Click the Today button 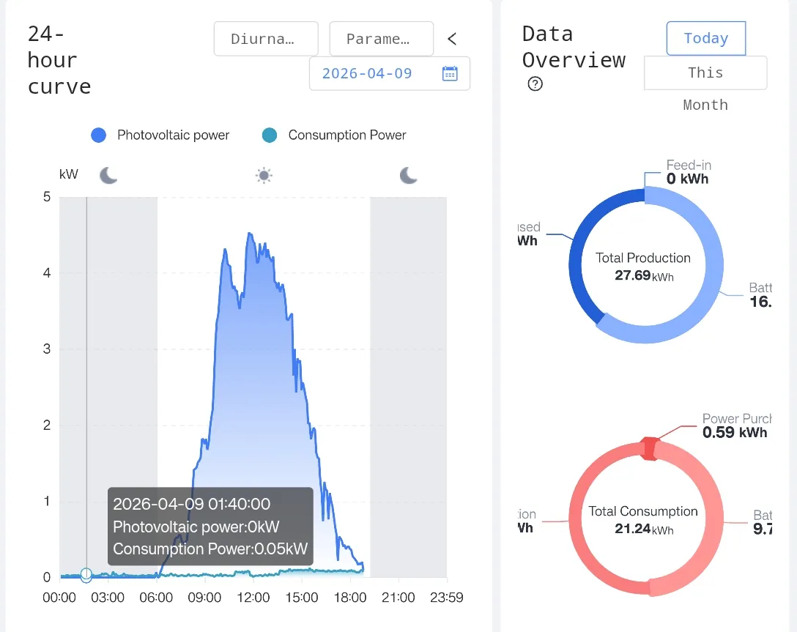[705, 38]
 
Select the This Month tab [705, 73]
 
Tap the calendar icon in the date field [450, 73]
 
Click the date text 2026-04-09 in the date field [367, 73]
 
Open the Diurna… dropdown [266, 39]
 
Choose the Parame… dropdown [381, 39]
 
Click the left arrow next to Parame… [452, 39]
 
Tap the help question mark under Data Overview [535, 84]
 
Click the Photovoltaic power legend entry [160, 135]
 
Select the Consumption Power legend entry [334, 135]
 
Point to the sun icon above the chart [264, 175]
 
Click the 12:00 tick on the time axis [253, 598]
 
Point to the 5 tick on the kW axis [47, 197]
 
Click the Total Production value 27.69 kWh [643, 276]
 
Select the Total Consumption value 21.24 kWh [643, 529]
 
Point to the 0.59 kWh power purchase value [734, 432]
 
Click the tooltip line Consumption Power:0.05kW [210, 549]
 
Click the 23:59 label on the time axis [446, 598]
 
